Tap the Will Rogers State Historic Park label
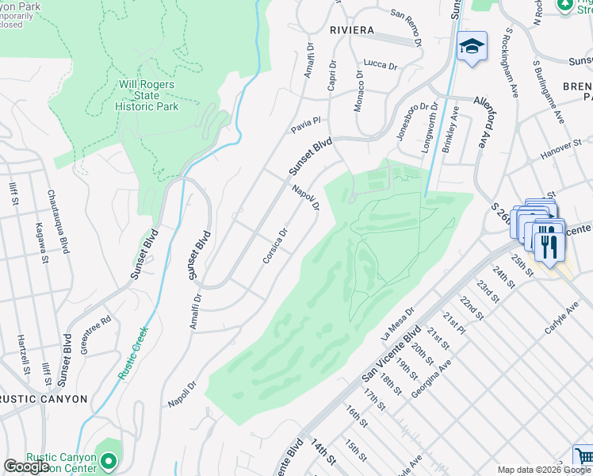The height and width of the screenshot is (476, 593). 148,95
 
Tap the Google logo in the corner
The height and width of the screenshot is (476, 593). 26,466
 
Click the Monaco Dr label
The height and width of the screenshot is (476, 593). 359,90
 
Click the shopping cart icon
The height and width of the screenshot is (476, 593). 583,457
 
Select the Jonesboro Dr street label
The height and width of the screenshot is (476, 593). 407,121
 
